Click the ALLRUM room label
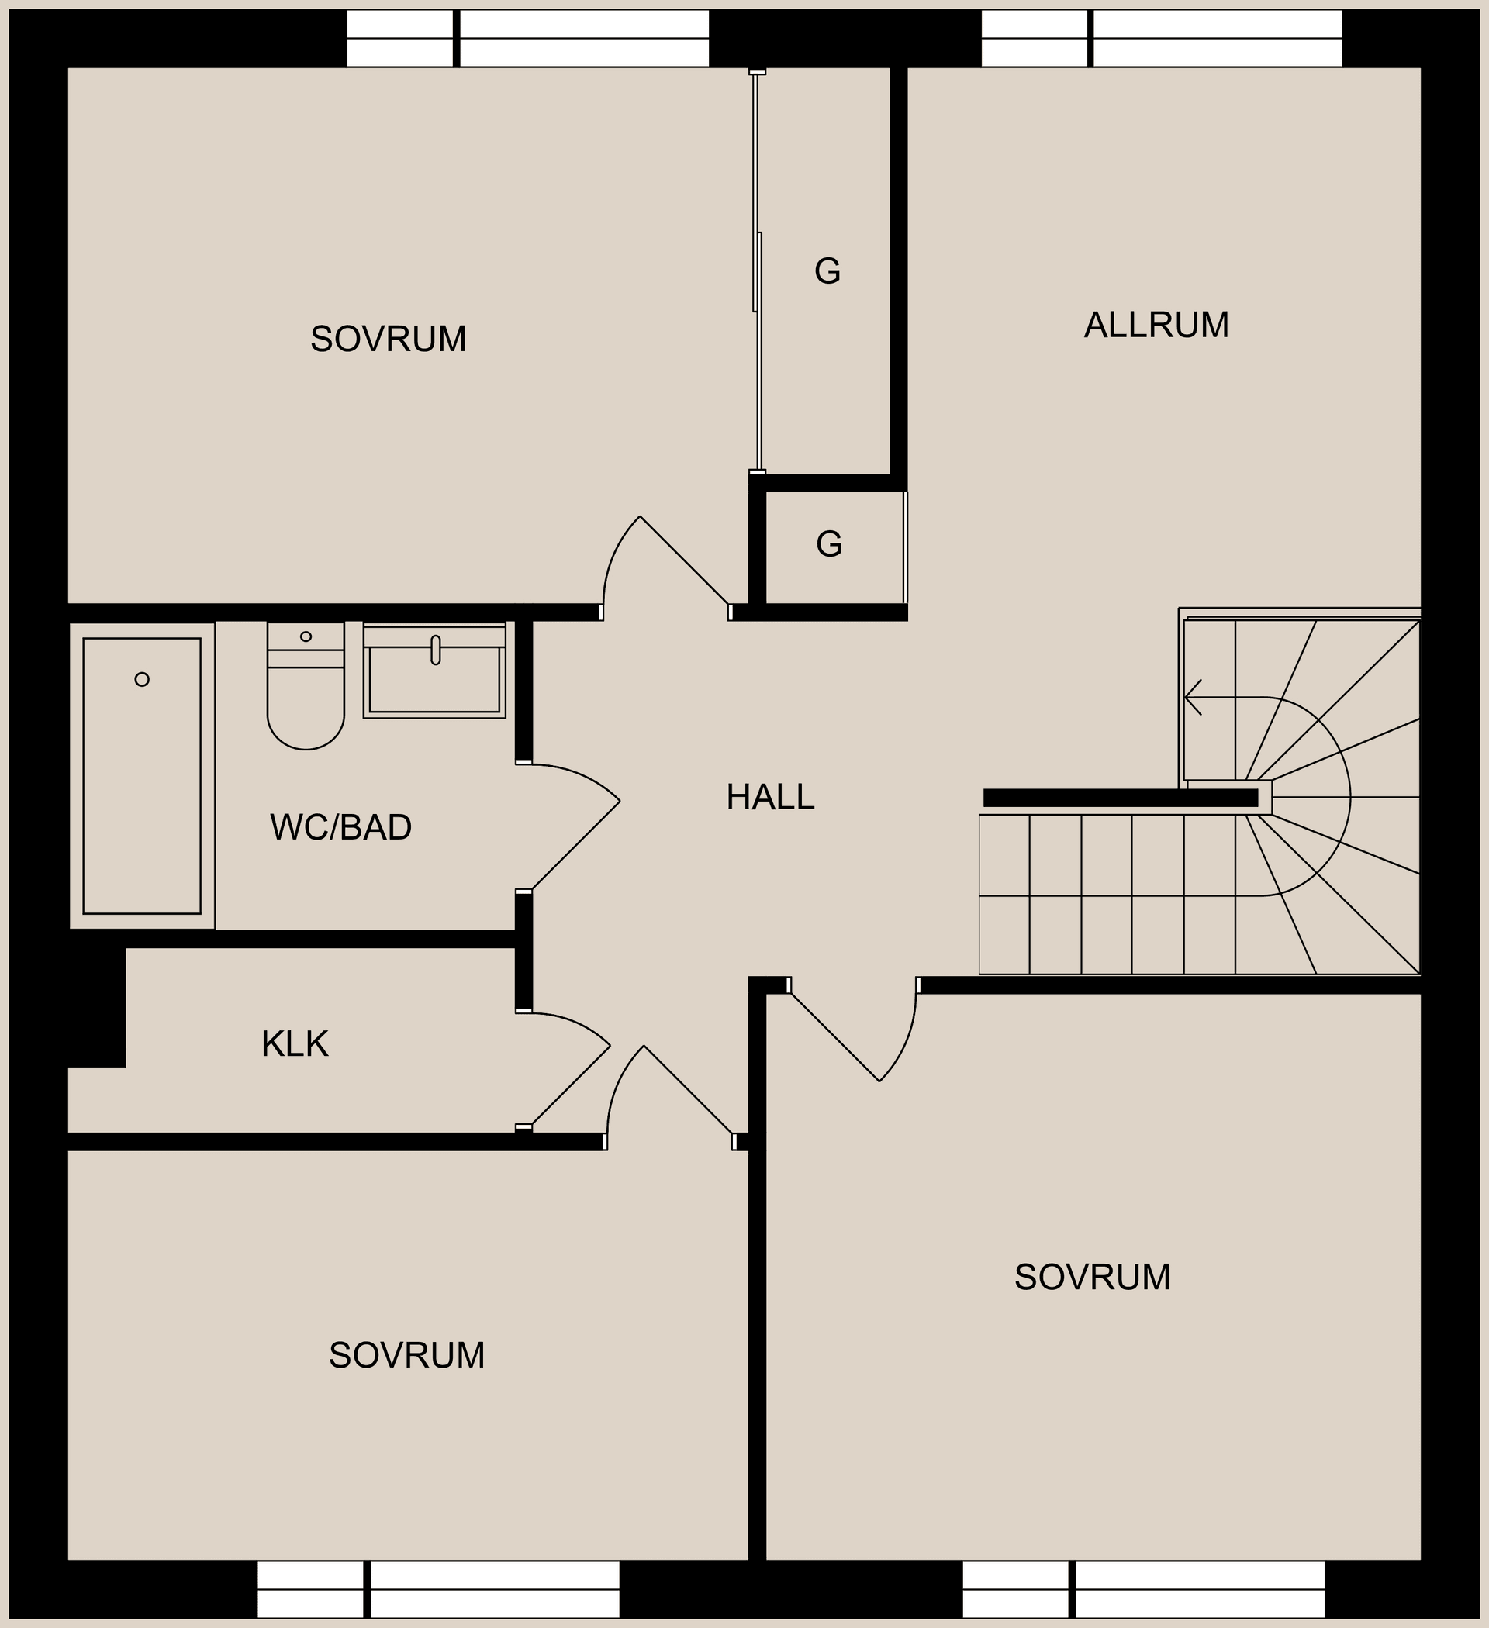pyautogui.click(x=1156, y=325)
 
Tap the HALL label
pyautogui.click(x=770, y=797)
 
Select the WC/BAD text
pyautogui.click(x=340, y=827)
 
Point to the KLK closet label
pyautogui.click(x=295, y=1044)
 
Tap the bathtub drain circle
pyautogui.click(x=142, y=679)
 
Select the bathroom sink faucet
pyautogui.click(x=436, y=650)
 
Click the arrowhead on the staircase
pyautogui.click(x=1191, y=697)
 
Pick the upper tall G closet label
pyautogui.click(x=827, y=271)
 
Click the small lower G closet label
pyautogui.click(x=829, y=544)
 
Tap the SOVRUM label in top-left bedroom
pyautogui.click(x=388, y=340)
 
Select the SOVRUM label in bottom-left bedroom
pyautogui.click(x=406, y=1355)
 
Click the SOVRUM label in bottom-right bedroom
pyautogui.click(x=1092, y=1277)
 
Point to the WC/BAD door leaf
pyautogui.click(x=576, y=845)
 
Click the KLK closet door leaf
pyautogui.click(x=570, y=1085)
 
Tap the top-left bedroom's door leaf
pyautogui.click(x=684, y=560)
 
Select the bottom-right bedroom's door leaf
pyautogui.click(x=834, y=1037)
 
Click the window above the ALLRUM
pyautogui.click(x=1161, y=38)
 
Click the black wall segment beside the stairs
pyautogui.click(x=1120, y=798)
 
